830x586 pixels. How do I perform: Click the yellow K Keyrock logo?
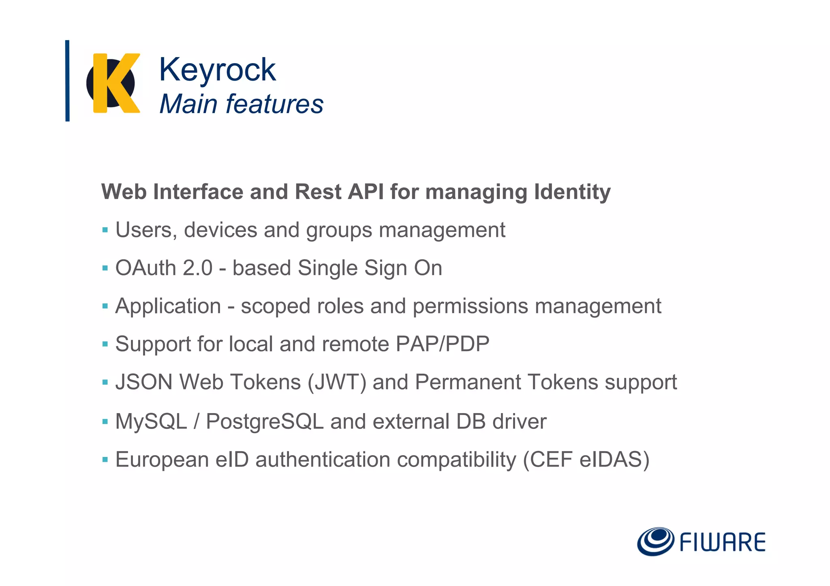coord(113,83)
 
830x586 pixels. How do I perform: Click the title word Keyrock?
coord(217,70)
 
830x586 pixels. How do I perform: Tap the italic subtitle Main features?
coord(241,104)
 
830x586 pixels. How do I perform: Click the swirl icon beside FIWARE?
coord(655,541)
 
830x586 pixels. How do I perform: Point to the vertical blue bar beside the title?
coord(67,81)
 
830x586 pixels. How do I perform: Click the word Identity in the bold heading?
coord(572,192)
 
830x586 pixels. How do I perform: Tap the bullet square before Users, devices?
coord(105,230)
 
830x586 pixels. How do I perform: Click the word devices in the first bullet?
coord(220,230)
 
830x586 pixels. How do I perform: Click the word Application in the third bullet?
coord(168,306)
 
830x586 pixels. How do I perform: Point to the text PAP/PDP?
coord(443,344)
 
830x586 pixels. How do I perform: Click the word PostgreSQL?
coord(265,421)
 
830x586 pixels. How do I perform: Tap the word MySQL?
coord(151,421)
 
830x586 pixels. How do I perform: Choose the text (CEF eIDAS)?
coord(586,460)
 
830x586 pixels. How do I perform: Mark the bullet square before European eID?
coord(105,460)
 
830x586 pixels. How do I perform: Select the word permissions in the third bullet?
coord(470,306)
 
